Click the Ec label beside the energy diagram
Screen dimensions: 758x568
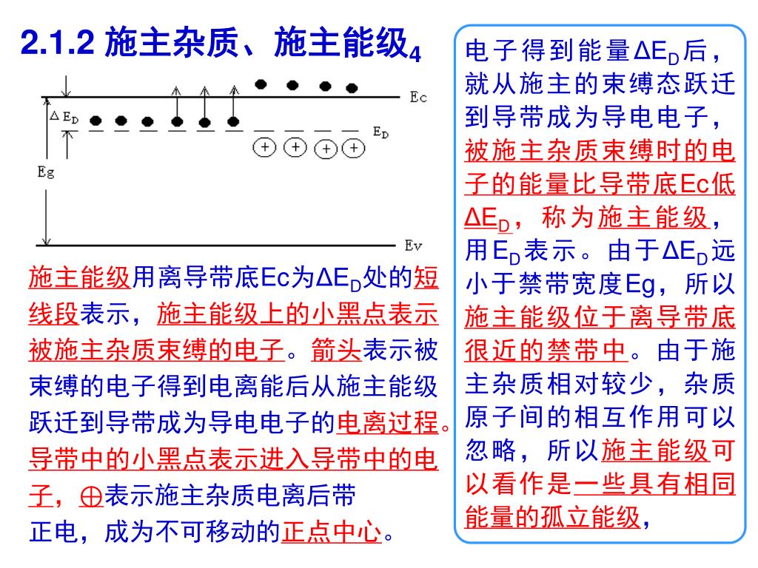click(x=418, y=97)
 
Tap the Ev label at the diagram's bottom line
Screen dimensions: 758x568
click(x=413, y=245)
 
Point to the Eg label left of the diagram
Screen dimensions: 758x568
click(x=46, y=172)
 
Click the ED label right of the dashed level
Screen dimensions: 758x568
click(x=380, y=132)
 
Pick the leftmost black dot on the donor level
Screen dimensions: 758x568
click(x=95, y=121)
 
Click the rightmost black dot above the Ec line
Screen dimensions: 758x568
click(x=351, y=86)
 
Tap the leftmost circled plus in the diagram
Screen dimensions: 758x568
click(x=265, y=147)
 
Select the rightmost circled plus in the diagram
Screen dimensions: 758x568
click(x=355, y=148)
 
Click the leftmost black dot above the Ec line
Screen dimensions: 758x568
click(x=261, y=84)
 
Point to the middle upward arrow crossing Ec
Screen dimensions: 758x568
click(x=205, y=104)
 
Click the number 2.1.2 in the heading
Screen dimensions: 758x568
click(x=58, y=44)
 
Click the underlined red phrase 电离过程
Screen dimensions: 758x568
click(x=387, y=423)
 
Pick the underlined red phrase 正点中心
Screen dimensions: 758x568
click(x=332, y=532)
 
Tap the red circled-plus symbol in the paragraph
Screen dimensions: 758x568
click(x=92, y=496)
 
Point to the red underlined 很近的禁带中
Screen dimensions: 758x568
click(x=546, y=348)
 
